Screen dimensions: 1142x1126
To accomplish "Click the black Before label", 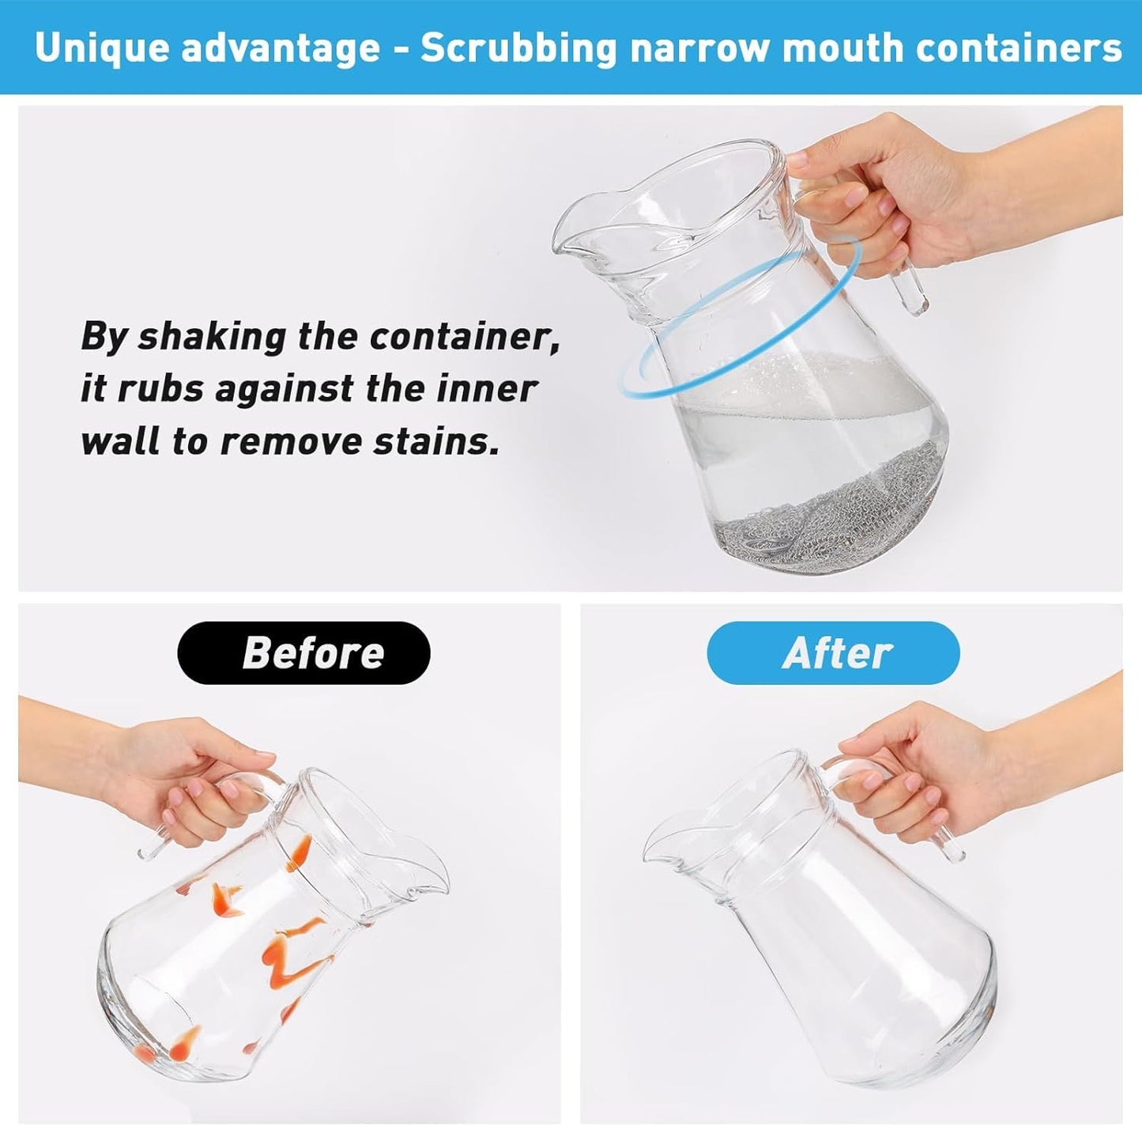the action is click(x=304, y=652).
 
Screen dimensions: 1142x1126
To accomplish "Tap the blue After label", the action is click(x=833, y=652).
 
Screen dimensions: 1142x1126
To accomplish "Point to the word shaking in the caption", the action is click(x=212, y=336).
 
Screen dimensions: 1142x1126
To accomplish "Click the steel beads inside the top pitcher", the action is click(x=830, y=510).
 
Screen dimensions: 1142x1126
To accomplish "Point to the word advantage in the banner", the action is click(x=281, y=47).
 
